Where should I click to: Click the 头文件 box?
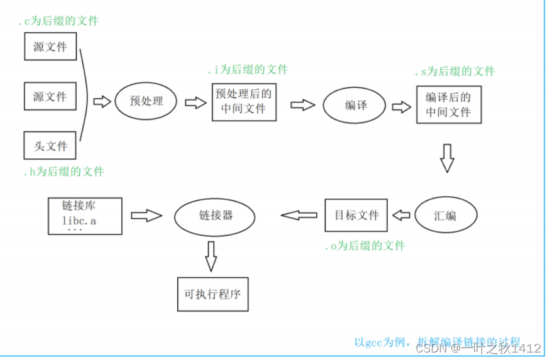[x=50, y=146]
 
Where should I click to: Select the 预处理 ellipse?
[x=146, y=101]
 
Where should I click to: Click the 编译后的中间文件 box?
[x=448, y=105]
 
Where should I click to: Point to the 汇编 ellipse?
[x=445, y=215]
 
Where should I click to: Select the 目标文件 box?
[x=356, y=215]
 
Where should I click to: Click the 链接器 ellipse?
[x=215, y=215]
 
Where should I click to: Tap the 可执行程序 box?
[x=212, y=294]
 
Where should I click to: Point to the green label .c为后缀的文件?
[x=58, y=21]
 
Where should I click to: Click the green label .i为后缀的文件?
[x=248, y=70]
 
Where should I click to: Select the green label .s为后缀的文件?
[x=454, y=72]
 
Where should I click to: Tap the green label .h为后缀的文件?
[x=63, y=171]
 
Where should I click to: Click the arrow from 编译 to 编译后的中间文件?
[x=400, y=106]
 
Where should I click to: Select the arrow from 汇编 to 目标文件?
[x=401, y=215]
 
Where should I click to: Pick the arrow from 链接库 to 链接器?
[x=146, y=215]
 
